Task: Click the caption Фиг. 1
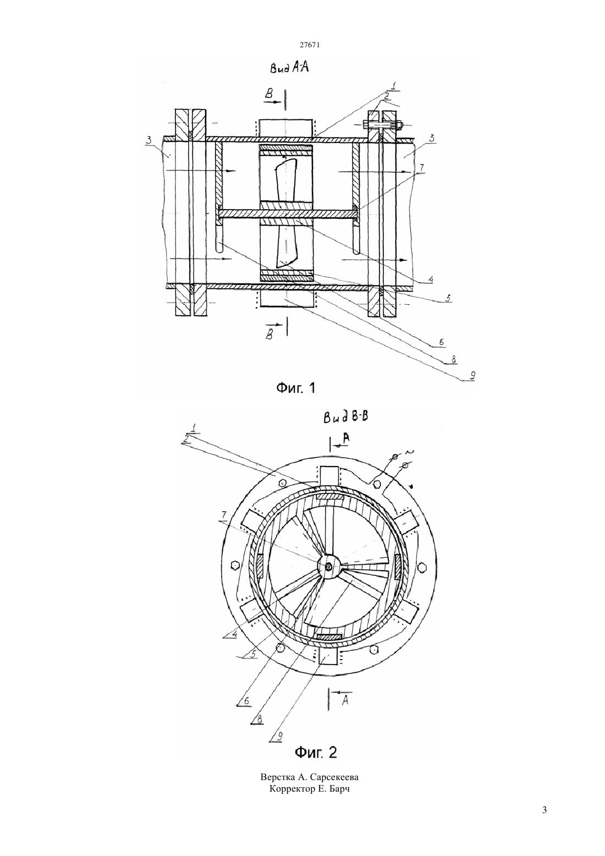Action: [296, 388]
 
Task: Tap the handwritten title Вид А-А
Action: [289, 69]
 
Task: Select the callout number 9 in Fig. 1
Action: [472, 376]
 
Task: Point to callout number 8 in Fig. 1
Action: [454, 359]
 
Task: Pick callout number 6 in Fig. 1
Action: [441, 342]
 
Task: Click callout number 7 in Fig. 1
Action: [421, 168]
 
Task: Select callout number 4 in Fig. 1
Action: [430, 279]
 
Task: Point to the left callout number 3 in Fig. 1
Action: [148, 140]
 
